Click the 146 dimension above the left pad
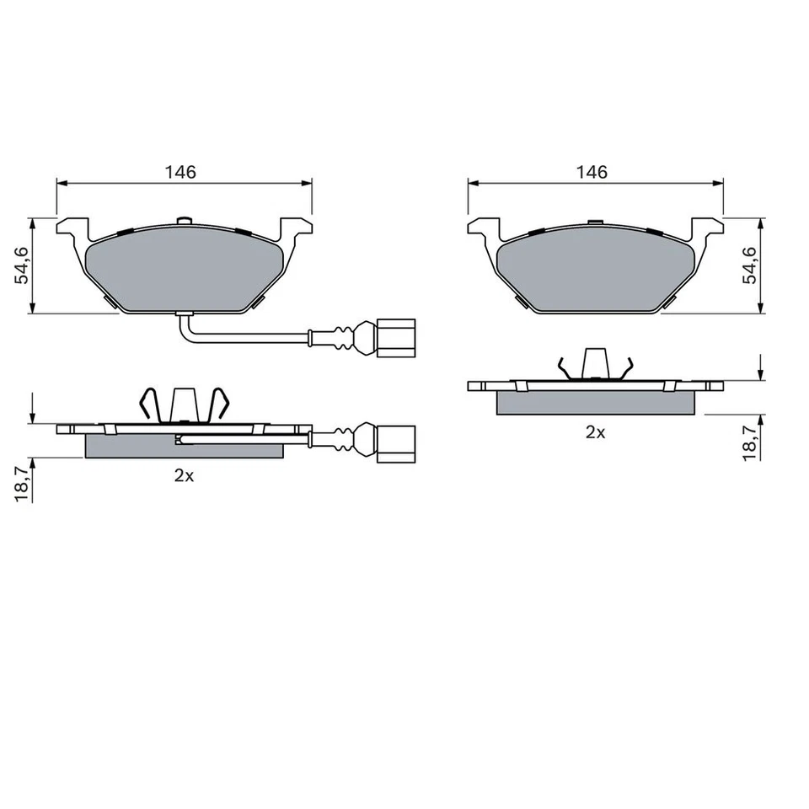[180, 172]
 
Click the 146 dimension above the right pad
[592, 172]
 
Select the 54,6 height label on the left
[23, 265]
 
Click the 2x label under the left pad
[184, 475]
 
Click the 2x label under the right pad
[595, 432]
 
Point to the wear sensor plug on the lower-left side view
[395, 441]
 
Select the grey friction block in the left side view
[185, 446]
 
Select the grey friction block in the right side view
[596, 403]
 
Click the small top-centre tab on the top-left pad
[185, 222]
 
